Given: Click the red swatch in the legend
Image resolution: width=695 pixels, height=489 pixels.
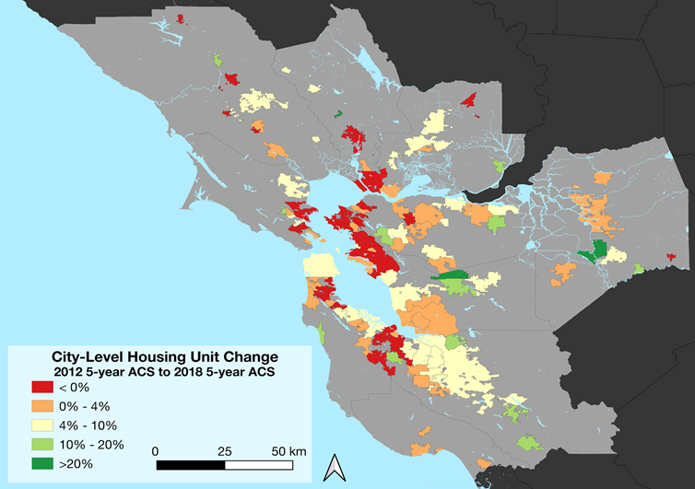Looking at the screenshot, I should coord(41,388).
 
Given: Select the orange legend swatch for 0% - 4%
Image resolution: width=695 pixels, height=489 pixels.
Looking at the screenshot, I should coord(41,406).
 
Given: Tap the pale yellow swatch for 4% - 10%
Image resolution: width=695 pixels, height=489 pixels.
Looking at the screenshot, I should coord(41,425).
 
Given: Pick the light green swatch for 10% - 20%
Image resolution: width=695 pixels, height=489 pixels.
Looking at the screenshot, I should coord(41,444).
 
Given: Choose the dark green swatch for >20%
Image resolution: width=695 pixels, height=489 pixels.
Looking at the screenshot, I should coord(41,463).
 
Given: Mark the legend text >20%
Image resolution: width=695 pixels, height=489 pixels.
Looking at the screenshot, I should coord(78,463).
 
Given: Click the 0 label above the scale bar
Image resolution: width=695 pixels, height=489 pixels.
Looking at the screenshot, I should coord(156,451).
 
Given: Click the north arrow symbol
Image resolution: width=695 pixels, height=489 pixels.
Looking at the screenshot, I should coord(334,468).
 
